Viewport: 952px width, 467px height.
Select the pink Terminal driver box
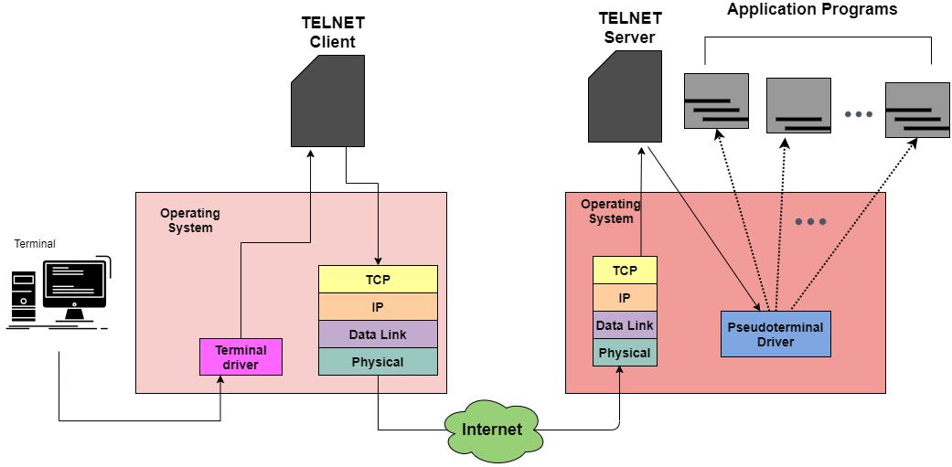(x=241, y=357)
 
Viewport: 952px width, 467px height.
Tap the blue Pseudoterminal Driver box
(x=776, y=334)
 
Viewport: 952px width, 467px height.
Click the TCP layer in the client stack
(x=378, y=280)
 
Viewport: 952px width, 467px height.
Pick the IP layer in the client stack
(x=378, y=307)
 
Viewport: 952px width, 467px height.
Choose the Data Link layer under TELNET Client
(x=378, y=334)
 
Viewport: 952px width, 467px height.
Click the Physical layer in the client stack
(x=378, y=362)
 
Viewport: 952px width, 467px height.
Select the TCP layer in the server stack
(x=625, y=271)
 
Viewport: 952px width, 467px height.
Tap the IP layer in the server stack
(x=625, y=298)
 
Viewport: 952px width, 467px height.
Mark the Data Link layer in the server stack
(x=625, y=325)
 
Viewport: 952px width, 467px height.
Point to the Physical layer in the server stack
(x=625, y=353)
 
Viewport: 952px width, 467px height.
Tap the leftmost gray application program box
(x=716, y=101)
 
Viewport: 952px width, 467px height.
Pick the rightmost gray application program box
(x=917, y=110)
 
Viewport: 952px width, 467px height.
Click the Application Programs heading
(x=812, y=10)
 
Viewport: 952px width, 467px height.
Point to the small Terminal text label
(x=35, y=244)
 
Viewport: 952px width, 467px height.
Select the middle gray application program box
(x=797, y=106)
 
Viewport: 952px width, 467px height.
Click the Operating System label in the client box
(x=190, y=220)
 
